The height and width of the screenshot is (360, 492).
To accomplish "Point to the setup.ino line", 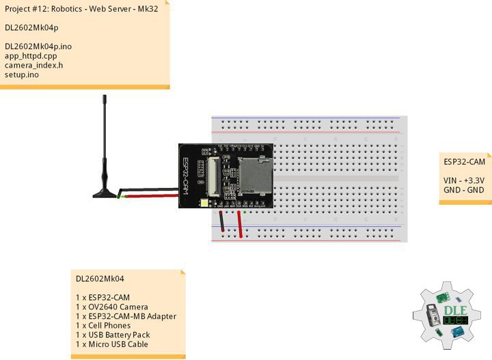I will click(22, 75).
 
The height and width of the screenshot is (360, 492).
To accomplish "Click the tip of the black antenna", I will click(105, 98).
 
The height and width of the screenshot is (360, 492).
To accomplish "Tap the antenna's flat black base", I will click(106, 195).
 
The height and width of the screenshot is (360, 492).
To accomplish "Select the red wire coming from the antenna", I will click(150, 196).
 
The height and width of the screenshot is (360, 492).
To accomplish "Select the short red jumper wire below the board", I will click(241, 223).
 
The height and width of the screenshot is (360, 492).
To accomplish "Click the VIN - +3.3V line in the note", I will click(464, 180).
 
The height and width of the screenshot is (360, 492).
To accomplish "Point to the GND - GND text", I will click(464, 190).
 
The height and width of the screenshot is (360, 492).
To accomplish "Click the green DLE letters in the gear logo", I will click(455, 309).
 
